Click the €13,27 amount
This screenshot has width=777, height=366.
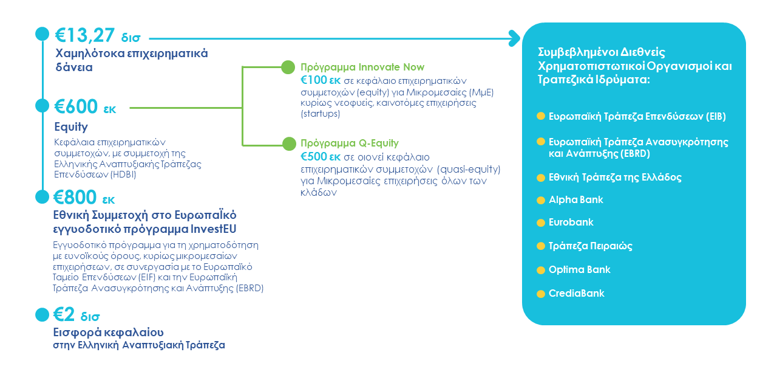85,35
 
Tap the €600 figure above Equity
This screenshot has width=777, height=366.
76,106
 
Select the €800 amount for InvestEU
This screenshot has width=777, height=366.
75,197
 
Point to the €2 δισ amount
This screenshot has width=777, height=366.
76,314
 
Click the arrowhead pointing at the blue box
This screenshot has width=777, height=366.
515,38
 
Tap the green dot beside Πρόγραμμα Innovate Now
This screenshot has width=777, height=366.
288,67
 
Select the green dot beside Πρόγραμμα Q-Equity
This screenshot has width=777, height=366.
289,143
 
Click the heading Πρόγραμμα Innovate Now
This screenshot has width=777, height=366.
362,67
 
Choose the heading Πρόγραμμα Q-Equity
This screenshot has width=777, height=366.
350,143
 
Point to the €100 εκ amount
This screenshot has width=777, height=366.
321,80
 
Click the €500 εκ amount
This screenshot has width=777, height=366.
321,157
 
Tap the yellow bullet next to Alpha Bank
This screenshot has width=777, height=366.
541,201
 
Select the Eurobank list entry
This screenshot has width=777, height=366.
571,223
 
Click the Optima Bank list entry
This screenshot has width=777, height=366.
579,270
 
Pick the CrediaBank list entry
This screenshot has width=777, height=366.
577,294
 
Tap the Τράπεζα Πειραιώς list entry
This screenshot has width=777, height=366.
591,246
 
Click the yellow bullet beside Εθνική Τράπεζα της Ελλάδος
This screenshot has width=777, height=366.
541,178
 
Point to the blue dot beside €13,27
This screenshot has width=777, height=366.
42,34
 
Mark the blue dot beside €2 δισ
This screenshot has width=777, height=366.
42,314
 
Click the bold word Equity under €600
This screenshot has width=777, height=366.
71,127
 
